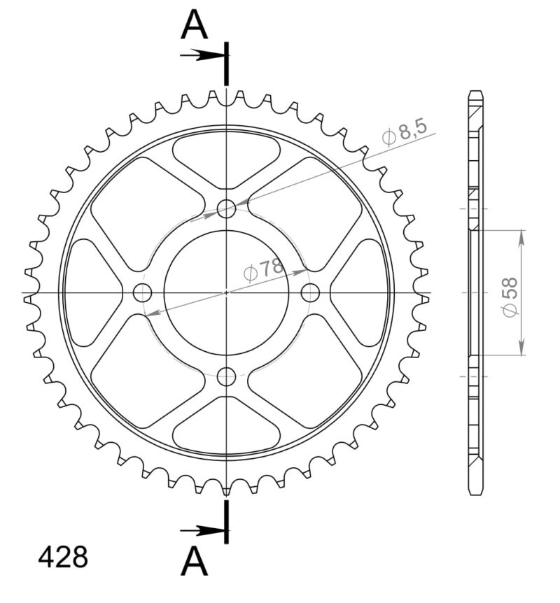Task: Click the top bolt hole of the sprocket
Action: (226, 208)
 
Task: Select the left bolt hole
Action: (142, 292)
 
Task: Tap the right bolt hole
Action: (310, 291)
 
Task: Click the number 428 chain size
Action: (63, 558)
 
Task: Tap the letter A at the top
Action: (195, 27)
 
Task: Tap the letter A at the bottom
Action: (195, 561)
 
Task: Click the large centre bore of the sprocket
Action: (226, 292)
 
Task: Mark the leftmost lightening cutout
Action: (87, 292)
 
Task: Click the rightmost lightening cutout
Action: (364, 292)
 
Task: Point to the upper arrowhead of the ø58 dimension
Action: (521, 236)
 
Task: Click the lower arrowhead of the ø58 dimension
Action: (521, 349)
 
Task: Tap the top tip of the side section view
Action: (476, 92)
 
